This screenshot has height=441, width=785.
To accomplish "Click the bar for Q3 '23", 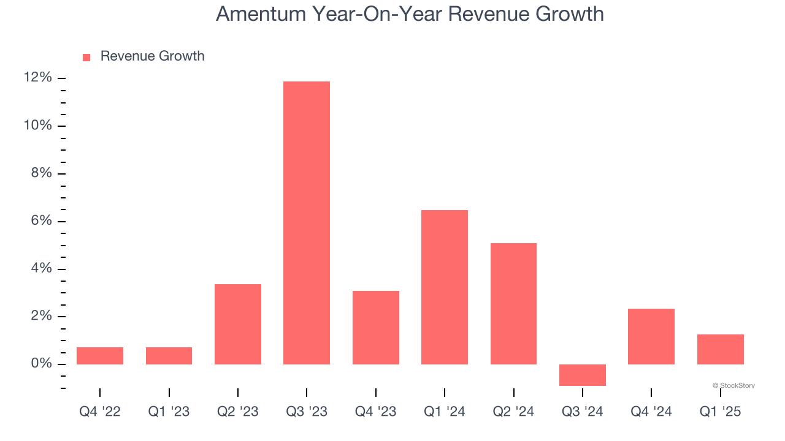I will (307, 223).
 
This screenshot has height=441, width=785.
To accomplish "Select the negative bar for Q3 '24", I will (583, 375).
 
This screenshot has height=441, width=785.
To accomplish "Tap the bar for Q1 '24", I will (445, 287).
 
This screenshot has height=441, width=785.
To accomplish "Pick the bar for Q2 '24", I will (513, 304).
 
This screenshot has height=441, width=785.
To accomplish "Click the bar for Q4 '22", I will (100, 356).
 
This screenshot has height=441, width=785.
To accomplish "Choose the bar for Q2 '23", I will (238, 324).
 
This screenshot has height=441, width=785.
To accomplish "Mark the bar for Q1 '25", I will (720, 349).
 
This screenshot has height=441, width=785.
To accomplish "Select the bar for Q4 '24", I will (651, 336).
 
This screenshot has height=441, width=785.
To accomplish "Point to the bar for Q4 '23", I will (376, 328).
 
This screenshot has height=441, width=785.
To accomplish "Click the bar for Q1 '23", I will (169, 356).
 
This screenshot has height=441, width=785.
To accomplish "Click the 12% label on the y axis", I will (37, 78).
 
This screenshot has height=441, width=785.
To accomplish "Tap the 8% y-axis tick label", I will (41, 173).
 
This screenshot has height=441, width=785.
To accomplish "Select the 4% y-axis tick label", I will (41, 269).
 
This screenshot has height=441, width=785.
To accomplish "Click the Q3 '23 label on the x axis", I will (307, 412).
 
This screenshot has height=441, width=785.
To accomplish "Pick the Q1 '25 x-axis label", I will (720, 412).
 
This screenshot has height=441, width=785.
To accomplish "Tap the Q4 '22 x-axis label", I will (100, 412).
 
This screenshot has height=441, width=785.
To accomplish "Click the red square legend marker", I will (86, 57).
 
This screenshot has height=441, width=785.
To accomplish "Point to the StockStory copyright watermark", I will (733, 385).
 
